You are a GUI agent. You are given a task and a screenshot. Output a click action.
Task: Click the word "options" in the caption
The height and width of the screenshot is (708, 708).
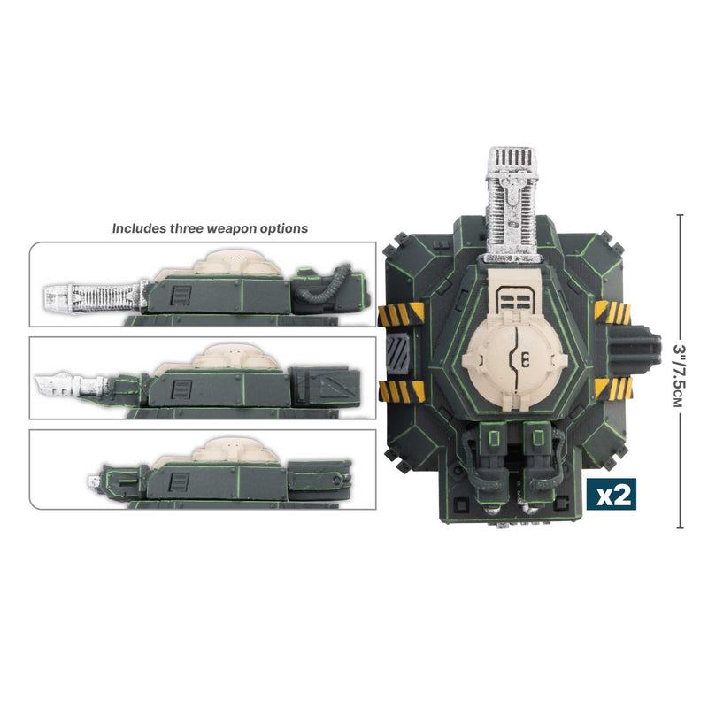(x=285, y=228)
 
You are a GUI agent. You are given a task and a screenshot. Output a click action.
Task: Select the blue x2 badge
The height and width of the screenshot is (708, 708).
(x=613, y=496)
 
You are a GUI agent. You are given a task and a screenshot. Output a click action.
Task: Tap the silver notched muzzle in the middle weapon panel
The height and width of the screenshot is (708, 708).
(x=71, y=383)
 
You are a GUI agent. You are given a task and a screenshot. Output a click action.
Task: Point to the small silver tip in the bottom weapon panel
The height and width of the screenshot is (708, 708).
(x=92, y=479)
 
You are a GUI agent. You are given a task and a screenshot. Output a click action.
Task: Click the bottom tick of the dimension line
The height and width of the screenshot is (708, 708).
(x=680, y=528)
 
